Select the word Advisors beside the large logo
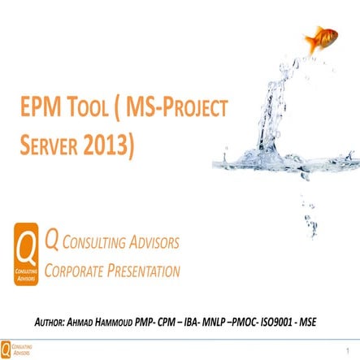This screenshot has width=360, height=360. [153, 242]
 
